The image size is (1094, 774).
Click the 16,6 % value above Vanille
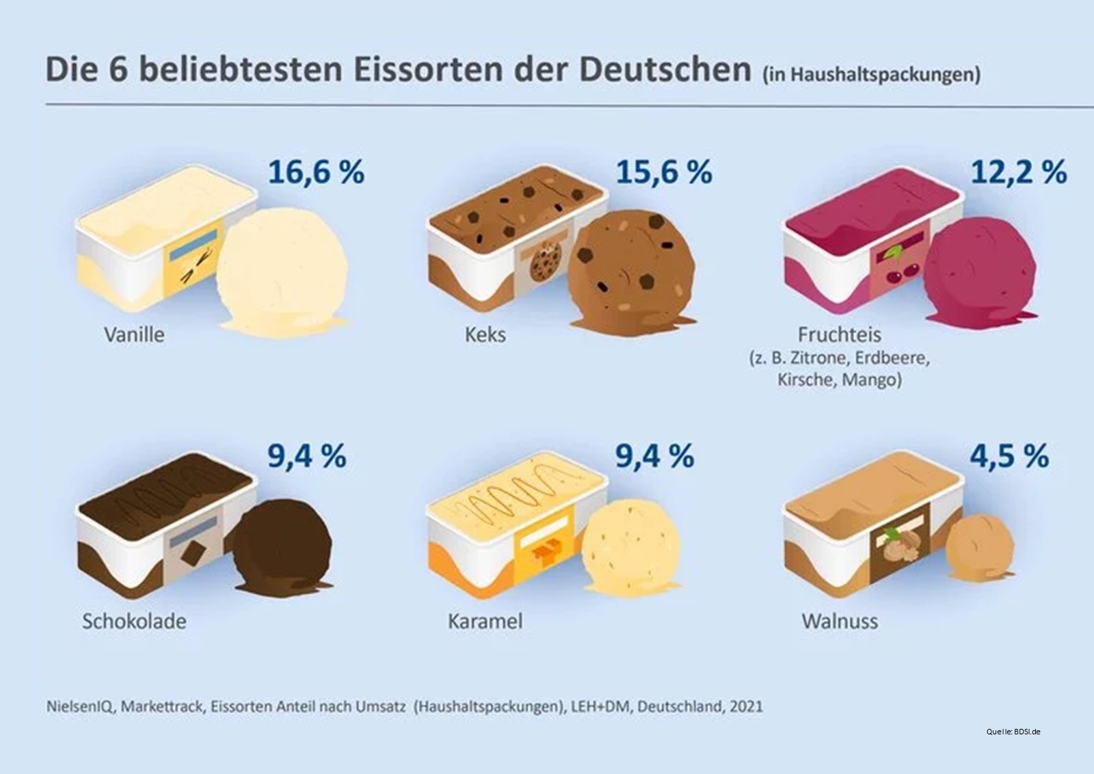click(x=316, y=172)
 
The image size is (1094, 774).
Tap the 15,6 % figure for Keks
click(x=664, y=172)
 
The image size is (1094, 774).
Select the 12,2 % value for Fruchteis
click(x=1019, y=172)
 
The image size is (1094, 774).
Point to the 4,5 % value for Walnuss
click(x=1009, y=456)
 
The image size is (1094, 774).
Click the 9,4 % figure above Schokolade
click(x=307, y=456)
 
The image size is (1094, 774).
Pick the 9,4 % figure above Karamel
click(x=655, y=456)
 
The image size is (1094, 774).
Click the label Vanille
click(x=134, y=335)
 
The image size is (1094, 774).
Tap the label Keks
click(x=485, y=335)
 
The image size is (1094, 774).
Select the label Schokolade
click(x=134, y=621)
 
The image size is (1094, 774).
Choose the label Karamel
click(x=485, y=621)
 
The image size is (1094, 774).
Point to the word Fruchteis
click(x=840, y=335)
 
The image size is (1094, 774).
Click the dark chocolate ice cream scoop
click(x=282, y=544)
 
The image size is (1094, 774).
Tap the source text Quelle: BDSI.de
click(x=1013, y=732)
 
